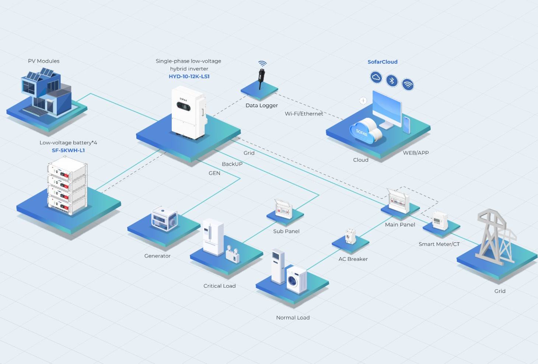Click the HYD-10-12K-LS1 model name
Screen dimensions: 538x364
(x=189, y=76)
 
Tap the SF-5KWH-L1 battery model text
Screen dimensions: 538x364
(x=68, y=150)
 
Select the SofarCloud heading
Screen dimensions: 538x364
(x=382, y=62)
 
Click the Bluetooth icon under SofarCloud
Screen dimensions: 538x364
(x=392, y=80)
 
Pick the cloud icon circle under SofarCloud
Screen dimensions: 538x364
(x=376, y=77)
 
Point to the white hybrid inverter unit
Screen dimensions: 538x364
(x=189, y=112)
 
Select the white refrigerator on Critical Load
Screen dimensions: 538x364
(x=213, y=237)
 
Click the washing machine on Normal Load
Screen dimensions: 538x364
(x=297, y=280)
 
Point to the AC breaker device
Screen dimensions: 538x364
(x=350, y=236)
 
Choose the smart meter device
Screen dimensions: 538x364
(x=440, y=220)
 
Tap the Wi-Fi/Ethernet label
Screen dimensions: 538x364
(x=304, y=114)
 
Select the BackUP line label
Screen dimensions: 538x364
(x=232, y=164)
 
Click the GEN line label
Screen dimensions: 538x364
(x=214, y=173)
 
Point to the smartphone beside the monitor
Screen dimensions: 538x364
(x=406, y=125)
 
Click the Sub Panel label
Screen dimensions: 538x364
(x=286, y=231)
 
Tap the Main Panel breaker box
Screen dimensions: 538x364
(x=398, y=201)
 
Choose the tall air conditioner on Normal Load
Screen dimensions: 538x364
(x=278, y=266)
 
